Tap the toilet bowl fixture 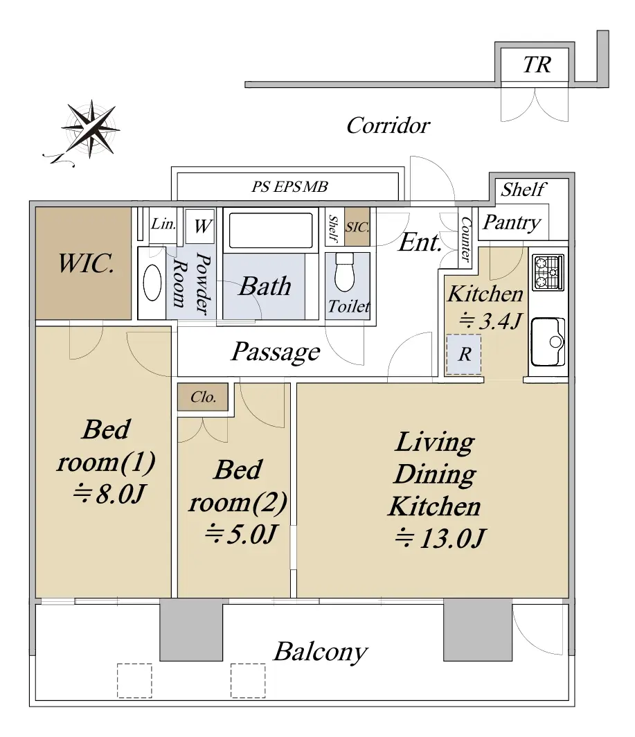345,272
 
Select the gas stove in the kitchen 548,272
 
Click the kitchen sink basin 548,341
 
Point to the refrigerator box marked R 463,355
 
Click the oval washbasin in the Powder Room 152,283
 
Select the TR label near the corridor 537,65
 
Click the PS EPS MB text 289,186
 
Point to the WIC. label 86,263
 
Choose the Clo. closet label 203,397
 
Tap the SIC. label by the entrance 357,227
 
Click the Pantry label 512,223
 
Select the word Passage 276,352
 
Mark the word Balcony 321,652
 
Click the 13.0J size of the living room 440,538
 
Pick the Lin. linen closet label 163,224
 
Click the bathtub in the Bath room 271,230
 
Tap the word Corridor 388,125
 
